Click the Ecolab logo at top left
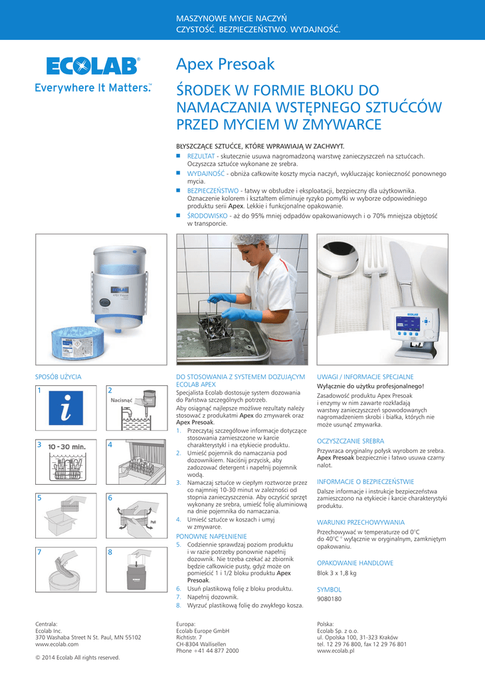pos(93,67)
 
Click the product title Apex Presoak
pos(225,64)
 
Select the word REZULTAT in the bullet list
pos(201,156)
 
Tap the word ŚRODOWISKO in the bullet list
pos(207,216)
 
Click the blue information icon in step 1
pos(66,408)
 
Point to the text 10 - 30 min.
pos(67,447)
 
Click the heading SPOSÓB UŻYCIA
pos(58,377)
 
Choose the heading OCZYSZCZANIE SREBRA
pos(351,441)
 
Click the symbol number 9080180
pos(330,599)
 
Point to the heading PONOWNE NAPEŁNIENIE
pos(211,537)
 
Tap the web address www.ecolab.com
pos(57,644)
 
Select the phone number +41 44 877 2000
pos(216,651)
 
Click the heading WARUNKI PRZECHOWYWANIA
pos(361,523)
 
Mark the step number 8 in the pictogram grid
pos(110,552)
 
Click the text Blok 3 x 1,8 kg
pos(337,573)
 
